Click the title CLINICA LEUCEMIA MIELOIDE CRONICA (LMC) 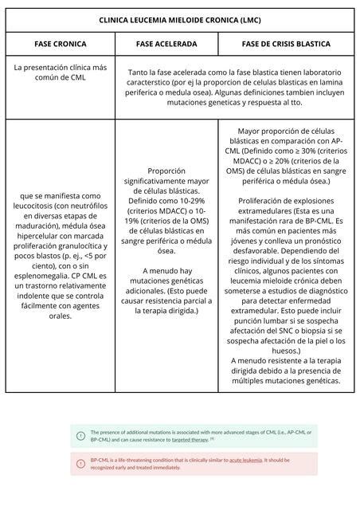click(x=180, y=19)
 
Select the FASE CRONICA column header click(x=60, y=43)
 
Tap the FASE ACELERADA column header click(x=166, y=43)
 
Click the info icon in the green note click(x=80, y=435)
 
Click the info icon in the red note click(x=80, y=463)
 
